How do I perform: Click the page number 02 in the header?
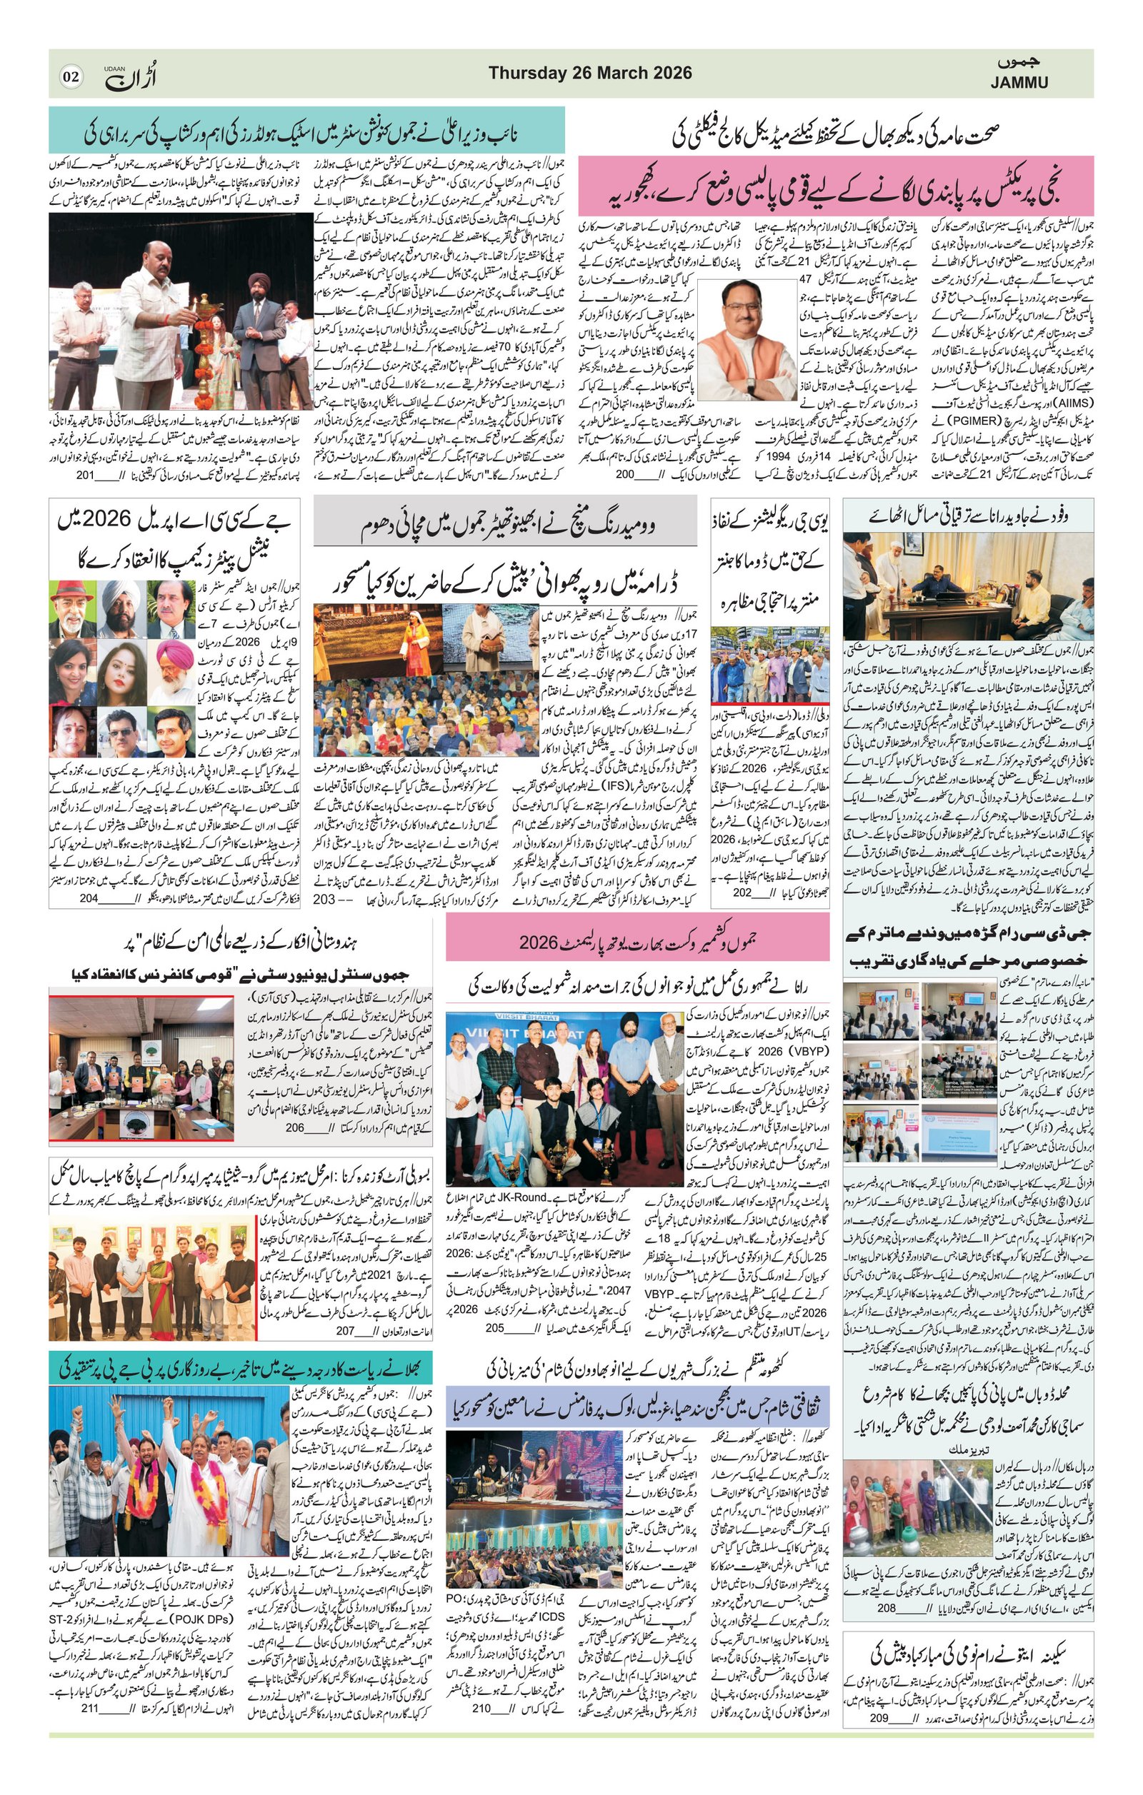(71, 76)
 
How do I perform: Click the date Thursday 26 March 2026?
(590, 73)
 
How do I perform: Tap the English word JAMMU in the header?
(1019, 83)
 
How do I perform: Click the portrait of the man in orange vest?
(747, 340)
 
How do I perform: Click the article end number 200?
(624, 475)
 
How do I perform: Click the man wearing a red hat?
(72, 607)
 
